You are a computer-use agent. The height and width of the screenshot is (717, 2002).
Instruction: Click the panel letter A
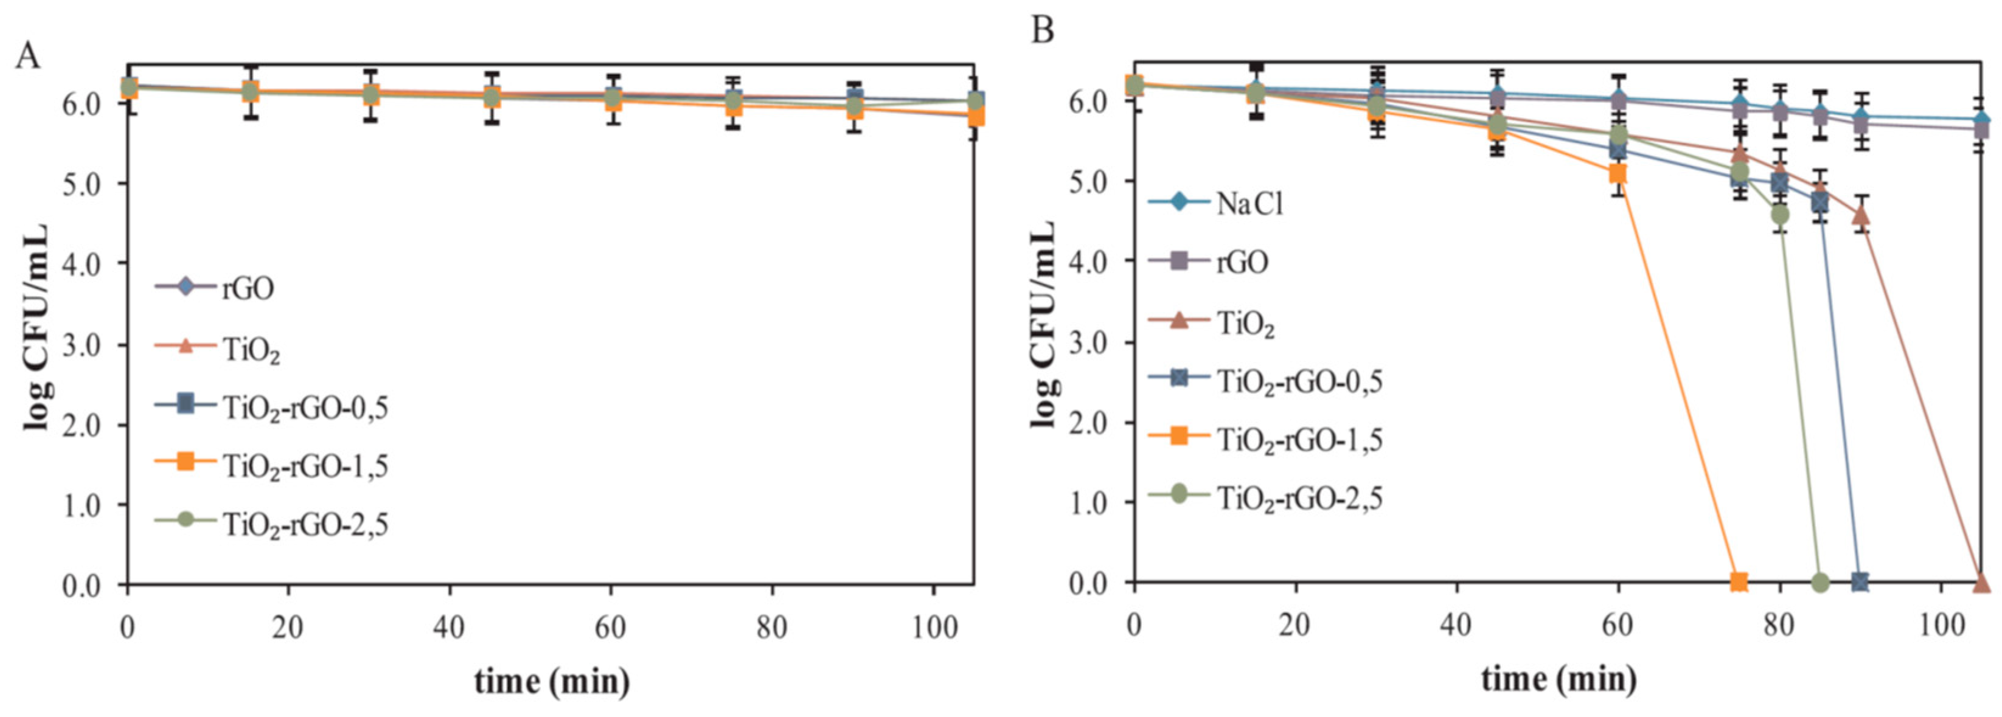(28, 55)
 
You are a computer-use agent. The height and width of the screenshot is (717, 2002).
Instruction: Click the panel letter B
(1042, 31)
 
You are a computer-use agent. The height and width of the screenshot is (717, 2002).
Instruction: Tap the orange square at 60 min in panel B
(1618, 173)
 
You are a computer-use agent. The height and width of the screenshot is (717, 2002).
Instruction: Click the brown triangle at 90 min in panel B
(1860, 216)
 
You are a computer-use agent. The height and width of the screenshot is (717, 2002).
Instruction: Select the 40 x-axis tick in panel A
(449, 627)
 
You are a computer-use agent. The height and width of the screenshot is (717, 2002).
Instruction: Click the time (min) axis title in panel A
(552, 681)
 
